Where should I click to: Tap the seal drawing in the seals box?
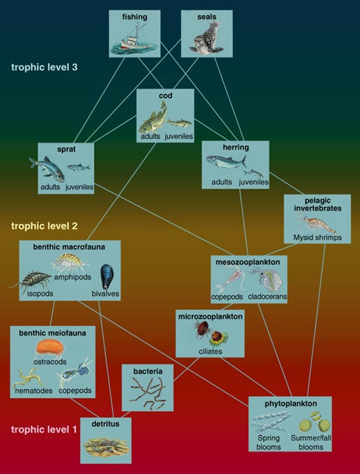click(x=206, y=38)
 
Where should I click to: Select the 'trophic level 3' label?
click(x=44, y=67)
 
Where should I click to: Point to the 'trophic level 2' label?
click(x=44, y=226)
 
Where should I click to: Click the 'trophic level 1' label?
click(x=44, y=429)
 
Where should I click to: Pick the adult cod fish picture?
click(x=153, y=118)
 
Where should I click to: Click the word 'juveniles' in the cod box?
click(x=179, y=137)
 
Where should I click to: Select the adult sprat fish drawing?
click(x=48, y=169)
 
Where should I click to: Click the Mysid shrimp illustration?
click(x=316, y=223)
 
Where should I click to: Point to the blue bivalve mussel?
click(x=107, y=276)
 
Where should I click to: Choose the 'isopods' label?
click(x=40, y=294)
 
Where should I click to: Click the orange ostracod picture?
click(x=50, y=348)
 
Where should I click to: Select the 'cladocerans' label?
click(x=267, y=296)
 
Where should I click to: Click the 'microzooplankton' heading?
click(x=211, y=317)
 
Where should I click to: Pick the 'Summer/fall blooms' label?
click(x=310, y=442)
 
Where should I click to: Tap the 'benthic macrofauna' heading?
click(x=69, y=246)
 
